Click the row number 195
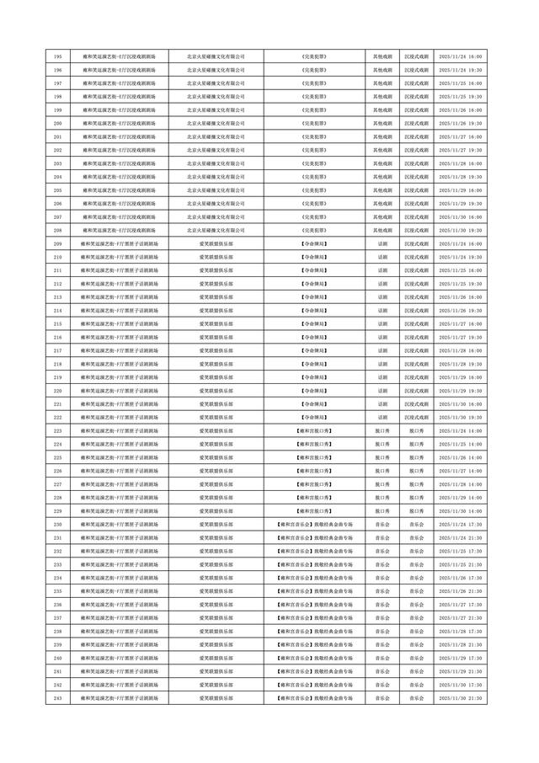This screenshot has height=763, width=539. [x=57, y=56]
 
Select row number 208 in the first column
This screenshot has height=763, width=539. [x=57, y=230]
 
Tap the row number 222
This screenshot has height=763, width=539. [x=57, y=417]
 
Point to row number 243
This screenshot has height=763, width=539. [x=57, y=698]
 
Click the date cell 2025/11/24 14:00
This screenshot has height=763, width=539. [x=461, y=430]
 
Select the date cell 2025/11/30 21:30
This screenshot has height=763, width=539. [x=461, y=698]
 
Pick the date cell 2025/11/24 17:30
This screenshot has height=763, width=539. [x=461, y=524]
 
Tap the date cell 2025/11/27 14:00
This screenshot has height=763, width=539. [x=461, y=484]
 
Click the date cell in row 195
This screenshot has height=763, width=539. [x=461, y=56]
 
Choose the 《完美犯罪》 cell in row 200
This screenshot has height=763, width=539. [x=314, y=123]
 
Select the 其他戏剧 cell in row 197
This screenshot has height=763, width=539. [x=382, y=83]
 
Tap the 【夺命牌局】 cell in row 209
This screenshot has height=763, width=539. [x=314, y=243]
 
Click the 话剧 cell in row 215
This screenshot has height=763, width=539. [x=382, y=323]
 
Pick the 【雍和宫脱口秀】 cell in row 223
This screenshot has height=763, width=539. [x=314, y=430]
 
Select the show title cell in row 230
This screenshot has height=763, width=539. [x=314, y=524]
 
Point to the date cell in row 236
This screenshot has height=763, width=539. [x=461, y=605]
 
